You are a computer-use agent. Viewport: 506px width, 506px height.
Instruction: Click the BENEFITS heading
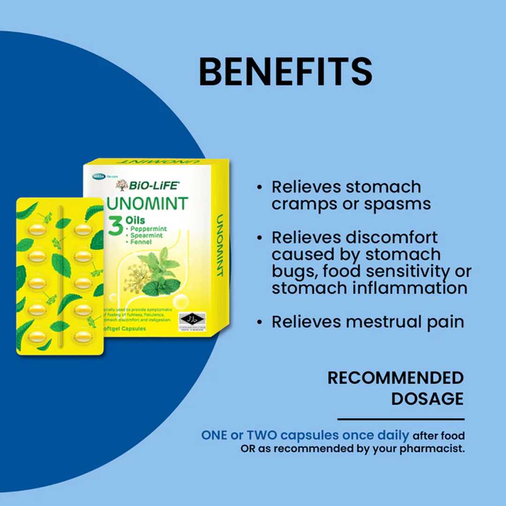(285, 71)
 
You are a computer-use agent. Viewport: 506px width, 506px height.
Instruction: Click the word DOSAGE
(427, 399)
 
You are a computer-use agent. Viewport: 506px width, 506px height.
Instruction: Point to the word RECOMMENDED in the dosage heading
(395, 378)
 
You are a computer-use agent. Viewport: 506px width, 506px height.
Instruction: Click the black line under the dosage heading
(401, 419)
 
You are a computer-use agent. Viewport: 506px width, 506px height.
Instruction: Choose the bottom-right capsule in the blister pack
(82, 336)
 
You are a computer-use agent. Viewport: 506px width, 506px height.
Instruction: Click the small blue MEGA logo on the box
(98, 177)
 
